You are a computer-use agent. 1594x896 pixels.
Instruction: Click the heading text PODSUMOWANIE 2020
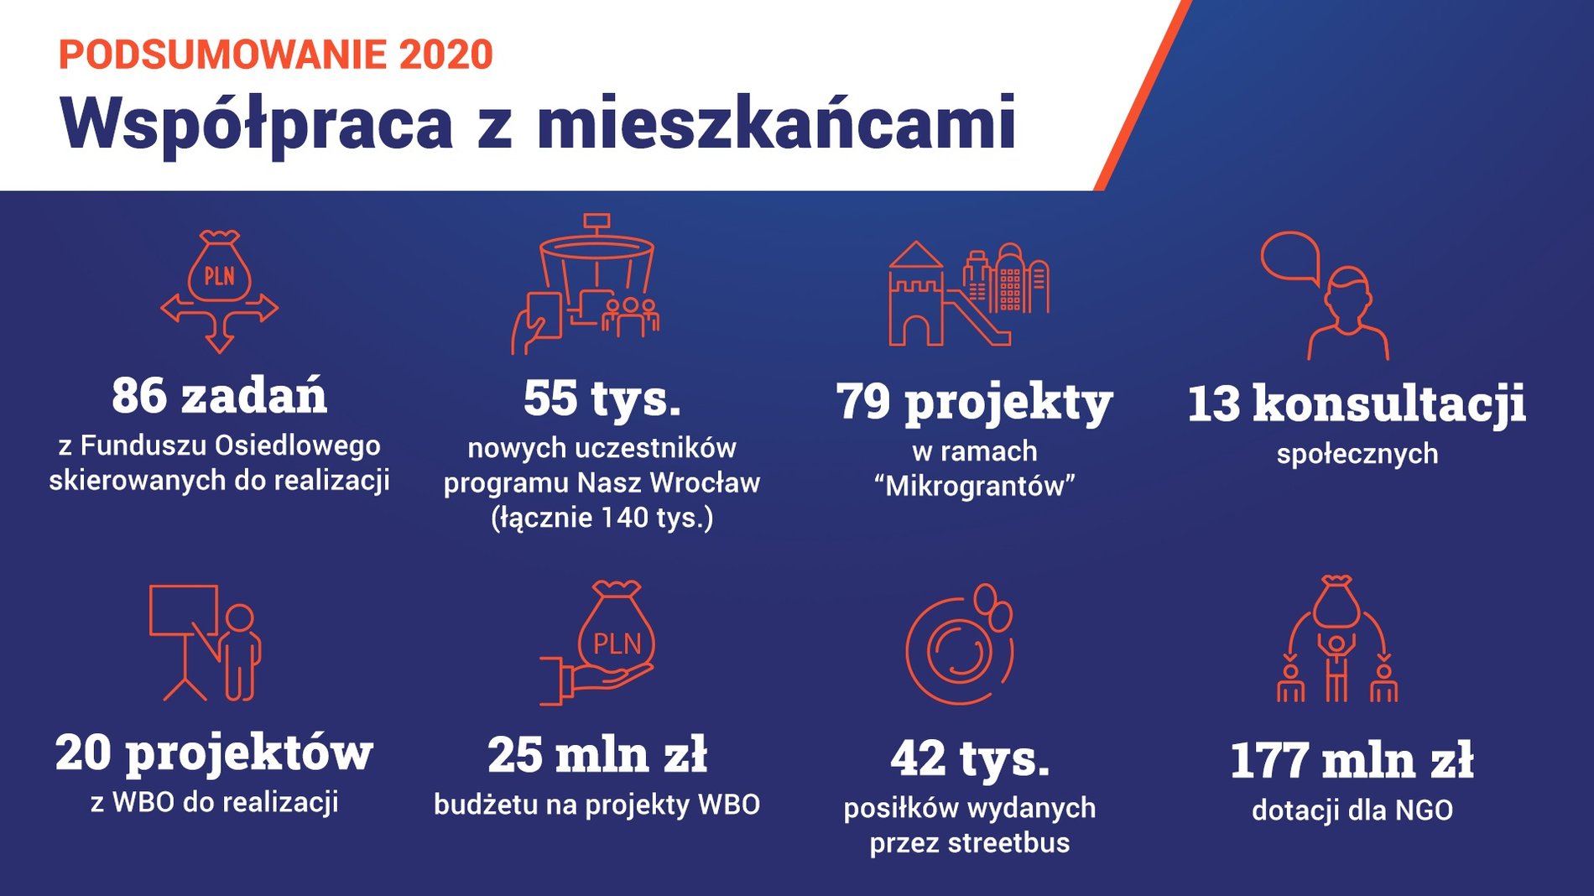click(x=276, y=55)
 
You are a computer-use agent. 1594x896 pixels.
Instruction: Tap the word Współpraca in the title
click(x=257, y=123)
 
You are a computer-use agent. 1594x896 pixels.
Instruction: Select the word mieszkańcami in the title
click(x=777, y=122)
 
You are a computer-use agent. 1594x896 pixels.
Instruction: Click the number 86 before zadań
click(x=140, y=396)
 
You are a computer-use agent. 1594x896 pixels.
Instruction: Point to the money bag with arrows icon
click(x=219, y=291)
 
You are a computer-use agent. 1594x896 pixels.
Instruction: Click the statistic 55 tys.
click(x=602, y=399)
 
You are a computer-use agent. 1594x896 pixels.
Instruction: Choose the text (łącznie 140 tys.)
click(x=602, y=518)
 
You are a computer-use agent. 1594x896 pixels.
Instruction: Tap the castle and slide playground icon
click(x=969, y=294)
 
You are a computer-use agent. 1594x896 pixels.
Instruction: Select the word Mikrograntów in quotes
click(x=975, y=487)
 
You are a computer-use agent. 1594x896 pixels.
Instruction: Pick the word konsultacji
click(x=1389, y=404)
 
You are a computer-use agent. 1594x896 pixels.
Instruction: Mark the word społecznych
click(x=1357, y=455)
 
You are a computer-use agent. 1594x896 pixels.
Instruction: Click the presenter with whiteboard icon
click(x=206, y=643)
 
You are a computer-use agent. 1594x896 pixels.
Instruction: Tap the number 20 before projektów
click(x=84, y=753)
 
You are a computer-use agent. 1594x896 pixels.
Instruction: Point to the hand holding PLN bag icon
click(x=597, y=643)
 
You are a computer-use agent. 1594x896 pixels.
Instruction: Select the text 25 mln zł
click(x=597, y=755)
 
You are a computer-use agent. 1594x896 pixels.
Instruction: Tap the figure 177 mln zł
click(x=1352, y=760)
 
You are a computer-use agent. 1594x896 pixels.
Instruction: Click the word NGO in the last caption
click(x=1424, y=810)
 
